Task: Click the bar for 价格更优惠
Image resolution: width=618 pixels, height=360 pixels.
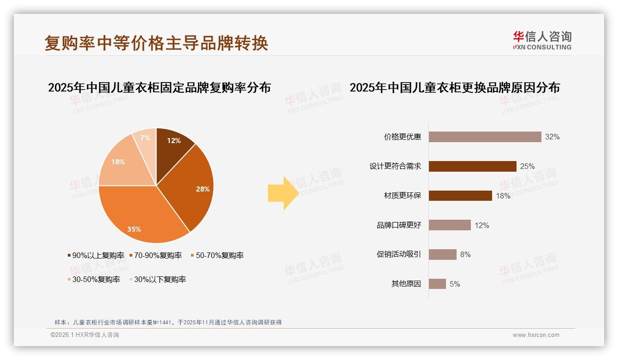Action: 485,137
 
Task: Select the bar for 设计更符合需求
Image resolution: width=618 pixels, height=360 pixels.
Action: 472,166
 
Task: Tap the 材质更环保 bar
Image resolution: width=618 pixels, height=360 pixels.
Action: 460,196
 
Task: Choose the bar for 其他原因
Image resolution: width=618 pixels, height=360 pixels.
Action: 437,284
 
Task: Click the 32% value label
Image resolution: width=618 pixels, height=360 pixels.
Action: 552,137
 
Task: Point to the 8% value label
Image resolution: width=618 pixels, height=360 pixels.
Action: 465,255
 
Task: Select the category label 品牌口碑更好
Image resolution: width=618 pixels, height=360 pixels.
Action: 399,225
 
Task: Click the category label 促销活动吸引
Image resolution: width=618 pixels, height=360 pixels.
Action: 399,255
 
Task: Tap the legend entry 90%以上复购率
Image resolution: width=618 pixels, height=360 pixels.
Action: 96,255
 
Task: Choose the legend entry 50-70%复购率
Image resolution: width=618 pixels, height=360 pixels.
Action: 217,255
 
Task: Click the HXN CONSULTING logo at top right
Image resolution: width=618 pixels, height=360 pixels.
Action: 542,40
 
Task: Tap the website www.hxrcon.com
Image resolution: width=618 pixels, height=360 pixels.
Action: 536,335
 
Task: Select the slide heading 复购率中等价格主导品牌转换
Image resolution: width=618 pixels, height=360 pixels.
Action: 156,43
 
